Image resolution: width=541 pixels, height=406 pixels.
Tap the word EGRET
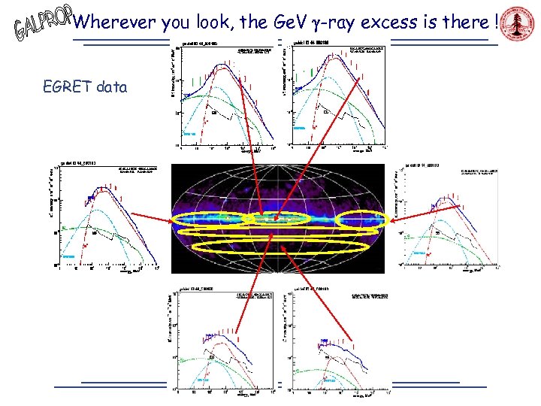point(68,87)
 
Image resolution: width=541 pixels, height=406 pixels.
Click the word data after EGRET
point(112,87)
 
